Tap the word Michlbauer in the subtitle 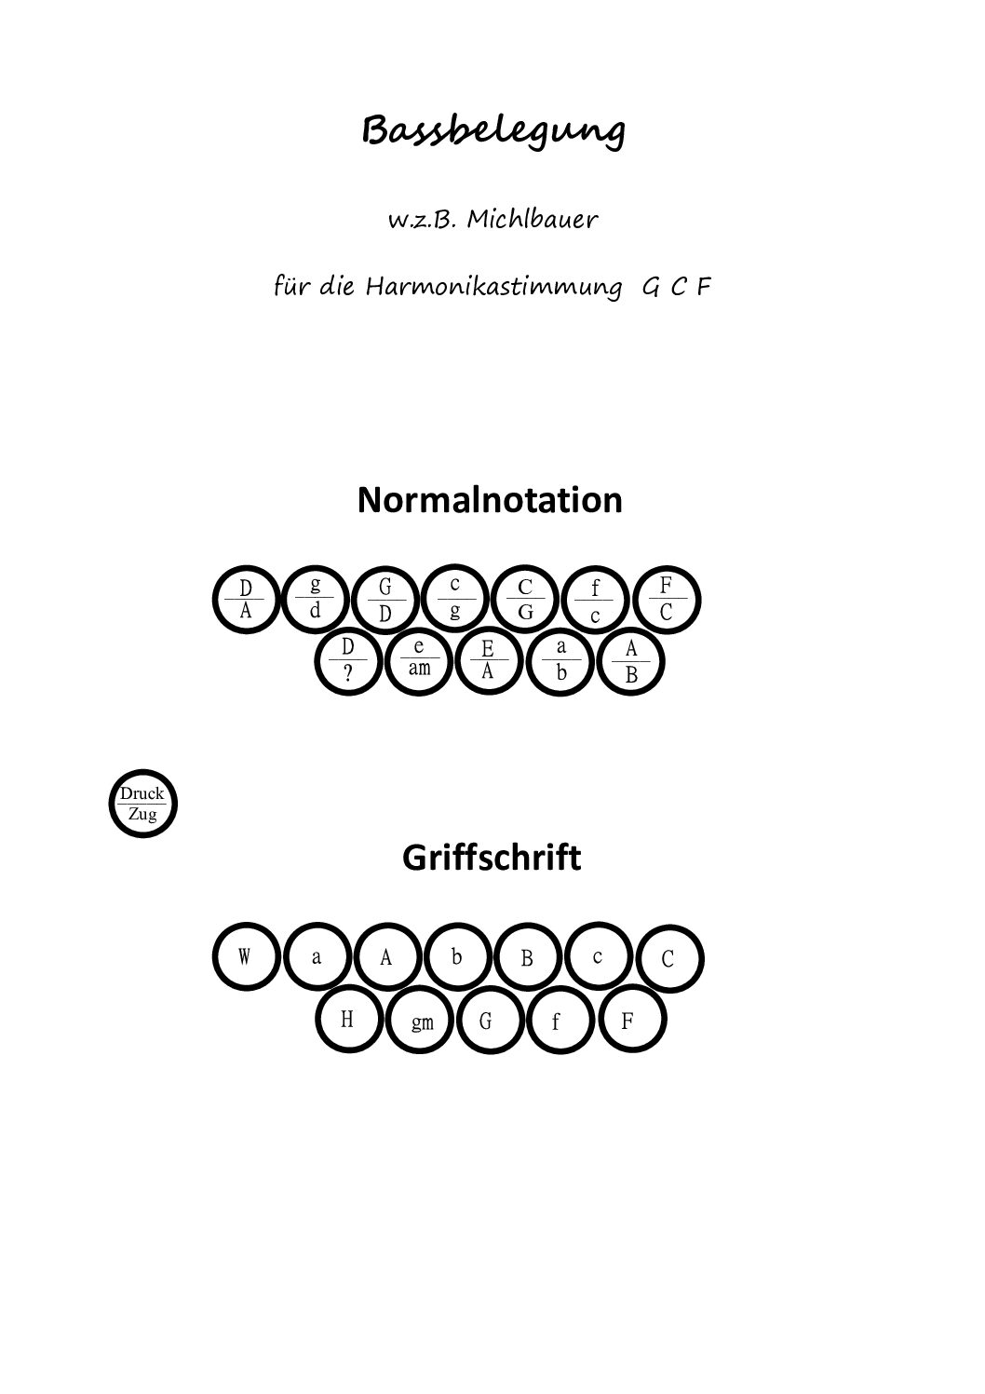point(532,219)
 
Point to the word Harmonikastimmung point(493,288)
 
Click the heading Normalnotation point(490,500)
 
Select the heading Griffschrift point(492,859)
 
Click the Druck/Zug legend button point(143,804)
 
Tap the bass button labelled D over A point(247,600)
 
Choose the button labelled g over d point(316,600)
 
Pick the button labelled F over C point(667,600)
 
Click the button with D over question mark point(348,661)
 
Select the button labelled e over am point(419,661)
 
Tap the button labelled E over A point(489,661)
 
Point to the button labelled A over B point(631,661)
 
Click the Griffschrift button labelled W point(247,956)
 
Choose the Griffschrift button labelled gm point(421,1020)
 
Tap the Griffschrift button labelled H point(349,1020)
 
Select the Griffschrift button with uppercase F point(632,1020)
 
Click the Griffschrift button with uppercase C point(669,958)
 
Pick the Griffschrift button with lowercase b point(457,956)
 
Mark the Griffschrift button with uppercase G point(491,1020)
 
